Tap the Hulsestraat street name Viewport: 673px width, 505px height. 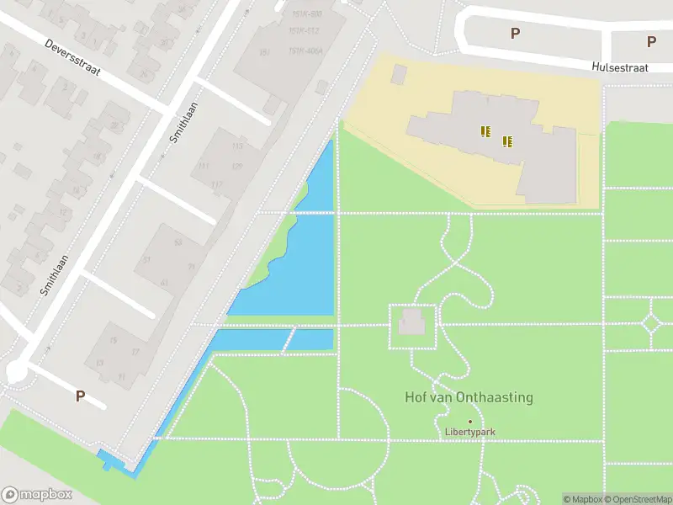[x=620, y=67]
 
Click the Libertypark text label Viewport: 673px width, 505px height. [x=469, y=433]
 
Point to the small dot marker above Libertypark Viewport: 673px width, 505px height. [x=469, y=421]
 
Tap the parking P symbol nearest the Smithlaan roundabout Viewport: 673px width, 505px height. [x=81, y=396]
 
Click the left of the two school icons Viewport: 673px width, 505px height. [x=485, y=130]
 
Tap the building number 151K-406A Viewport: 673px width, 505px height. [x=305, y=50]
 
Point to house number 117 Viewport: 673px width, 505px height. [x=217, y=185]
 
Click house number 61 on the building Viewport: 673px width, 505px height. [x=164, y=282]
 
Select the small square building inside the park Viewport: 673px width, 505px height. [x=411, y=322]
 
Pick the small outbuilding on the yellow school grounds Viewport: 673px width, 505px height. [x=399, y=74]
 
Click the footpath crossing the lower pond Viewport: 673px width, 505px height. [x=289, y=340]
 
